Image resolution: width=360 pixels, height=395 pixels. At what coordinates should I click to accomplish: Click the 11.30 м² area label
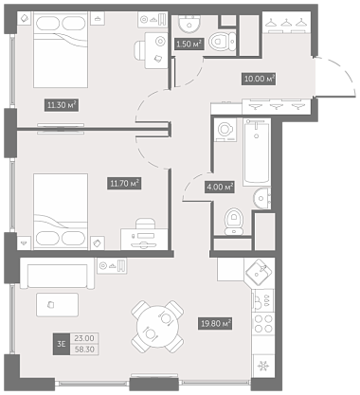(62, 105)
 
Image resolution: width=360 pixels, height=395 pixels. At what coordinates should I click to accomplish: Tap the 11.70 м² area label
(124, 183)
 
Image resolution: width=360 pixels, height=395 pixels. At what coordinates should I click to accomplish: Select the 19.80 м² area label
(215, 324)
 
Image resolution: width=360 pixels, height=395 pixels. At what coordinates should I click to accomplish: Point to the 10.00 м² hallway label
(259, 79)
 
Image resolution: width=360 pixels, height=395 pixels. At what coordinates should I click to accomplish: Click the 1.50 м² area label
(189, 44)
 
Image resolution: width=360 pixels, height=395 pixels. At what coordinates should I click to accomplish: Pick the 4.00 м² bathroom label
(220, 188)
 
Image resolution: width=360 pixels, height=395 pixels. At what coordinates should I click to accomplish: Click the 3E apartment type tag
(62, 344)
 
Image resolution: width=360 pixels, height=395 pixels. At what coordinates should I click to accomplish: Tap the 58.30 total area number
(84, 350)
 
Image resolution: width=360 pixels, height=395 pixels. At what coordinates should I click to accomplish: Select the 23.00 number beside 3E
(84, 338)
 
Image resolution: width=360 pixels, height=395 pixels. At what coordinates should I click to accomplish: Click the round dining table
(157, 327)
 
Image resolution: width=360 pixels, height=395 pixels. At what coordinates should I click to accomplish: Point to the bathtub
(257, 153)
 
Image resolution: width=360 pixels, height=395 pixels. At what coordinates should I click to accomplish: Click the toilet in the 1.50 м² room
(223, 41)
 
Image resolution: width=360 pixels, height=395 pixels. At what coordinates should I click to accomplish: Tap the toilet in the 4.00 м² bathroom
(234, 221)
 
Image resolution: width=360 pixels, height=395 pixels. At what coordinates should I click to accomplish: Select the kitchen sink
(259, 272)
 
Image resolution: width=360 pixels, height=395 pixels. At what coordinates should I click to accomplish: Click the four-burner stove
(263, 324)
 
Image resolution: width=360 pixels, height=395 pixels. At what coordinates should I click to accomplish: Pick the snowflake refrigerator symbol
(262, 367)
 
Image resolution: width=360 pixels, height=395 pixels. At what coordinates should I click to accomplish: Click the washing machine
(225, 130)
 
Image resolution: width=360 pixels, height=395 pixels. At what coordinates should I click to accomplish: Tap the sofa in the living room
(57, 276)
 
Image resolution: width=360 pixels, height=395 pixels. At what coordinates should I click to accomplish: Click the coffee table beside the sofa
(57, 305)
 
